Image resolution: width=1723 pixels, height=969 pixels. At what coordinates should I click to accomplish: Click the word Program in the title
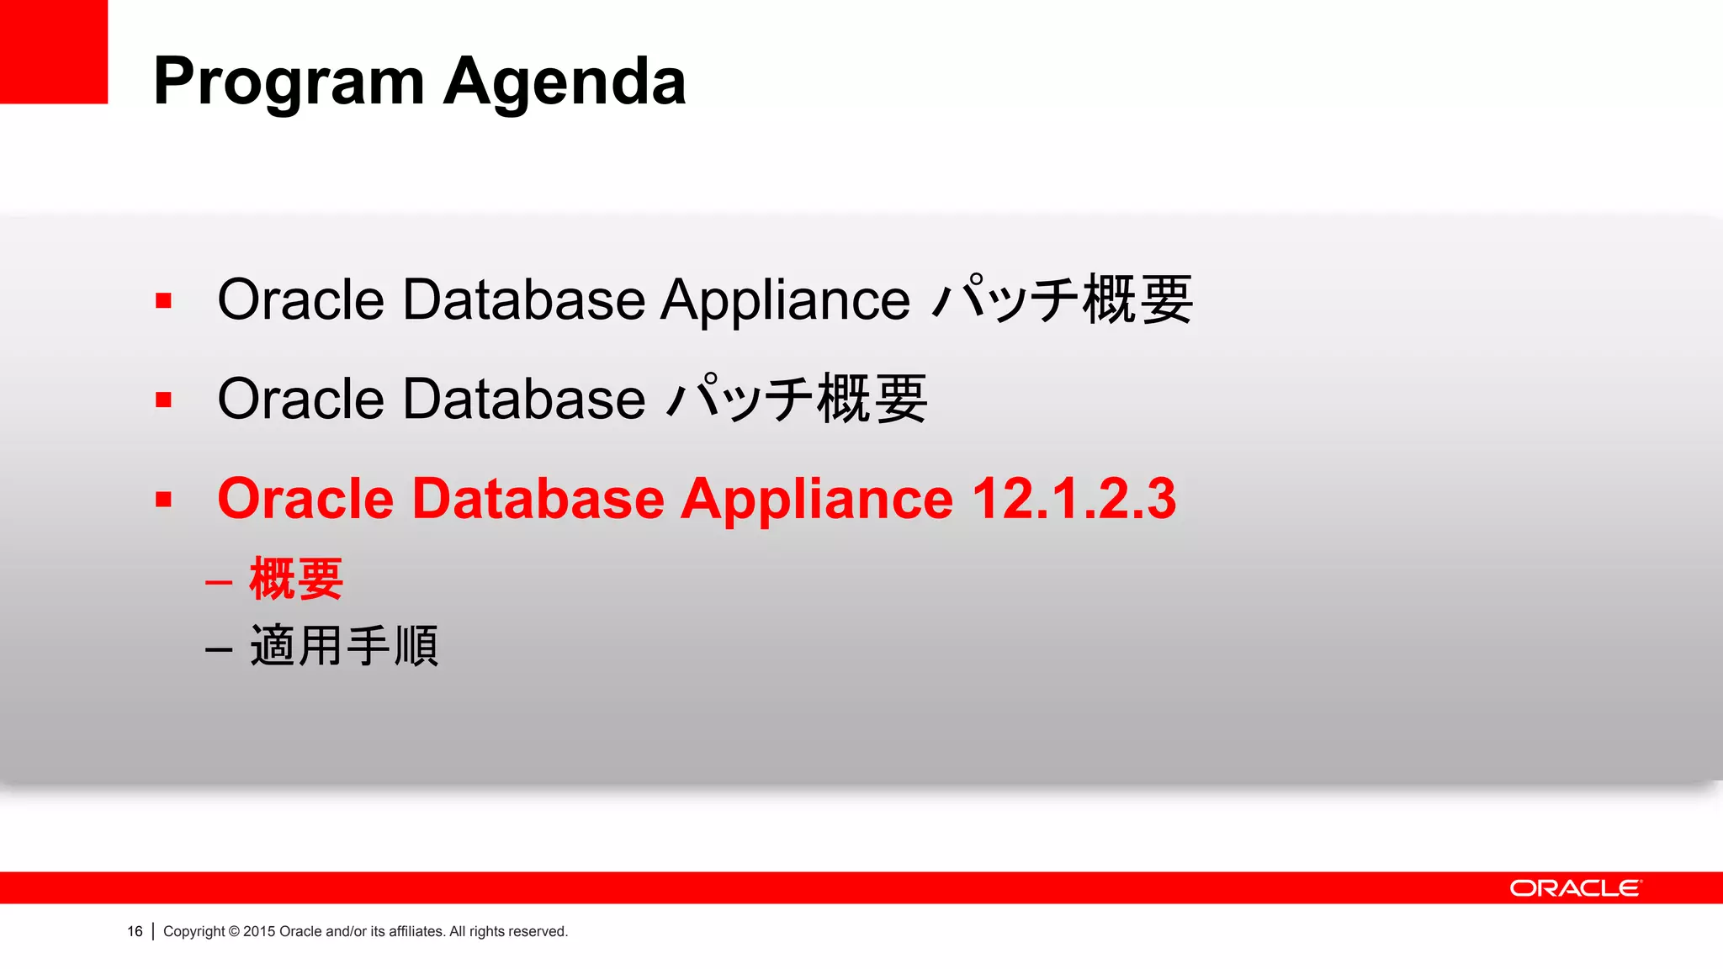coord(289,82)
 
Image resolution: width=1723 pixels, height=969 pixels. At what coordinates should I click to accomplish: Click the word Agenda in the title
coord(565,82)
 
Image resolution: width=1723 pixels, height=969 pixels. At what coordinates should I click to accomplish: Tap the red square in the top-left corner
coord(53,51)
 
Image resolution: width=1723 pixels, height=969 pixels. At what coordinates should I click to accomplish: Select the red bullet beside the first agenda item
coord(163,300)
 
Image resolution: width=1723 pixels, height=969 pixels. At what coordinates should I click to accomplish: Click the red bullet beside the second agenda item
coord(163,400)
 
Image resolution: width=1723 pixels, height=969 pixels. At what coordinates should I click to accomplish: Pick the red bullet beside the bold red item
coord(163,499)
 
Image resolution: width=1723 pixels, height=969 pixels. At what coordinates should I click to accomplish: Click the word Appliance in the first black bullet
coord(784,300)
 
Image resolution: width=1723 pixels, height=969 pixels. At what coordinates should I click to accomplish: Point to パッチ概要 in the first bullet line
coord(1063,299)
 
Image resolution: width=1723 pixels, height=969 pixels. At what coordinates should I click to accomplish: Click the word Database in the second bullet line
coord(523,399)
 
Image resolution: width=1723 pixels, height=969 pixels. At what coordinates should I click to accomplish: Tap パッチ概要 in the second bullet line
coord(797,399)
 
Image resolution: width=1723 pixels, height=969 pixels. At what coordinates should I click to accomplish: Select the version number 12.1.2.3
coord(1074,499)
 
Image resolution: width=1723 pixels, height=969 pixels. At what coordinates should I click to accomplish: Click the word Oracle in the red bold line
coord(305,499)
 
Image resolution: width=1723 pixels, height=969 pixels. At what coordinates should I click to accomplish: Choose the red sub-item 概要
coord(296,579)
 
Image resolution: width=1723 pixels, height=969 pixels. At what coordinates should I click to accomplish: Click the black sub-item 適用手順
coord(344,646)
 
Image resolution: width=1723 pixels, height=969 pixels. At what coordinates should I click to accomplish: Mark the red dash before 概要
coord(219,582)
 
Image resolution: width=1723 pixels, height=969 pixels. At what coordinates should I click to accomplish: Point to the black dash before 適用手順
coord(219,649)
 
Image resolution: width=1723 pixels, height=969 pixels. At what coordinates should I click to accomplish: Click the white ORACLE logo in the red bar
coord(1575,888)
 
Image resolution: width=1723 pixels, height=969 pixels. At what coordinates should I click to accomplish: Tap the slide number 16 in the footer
coord(135,931)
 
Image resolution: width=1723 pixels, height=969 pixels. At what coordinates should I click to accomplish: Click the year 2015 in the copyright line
coord(259,931)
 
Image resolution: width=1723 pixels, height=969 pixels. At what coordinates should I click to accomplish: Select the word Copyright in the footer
coord(194,931)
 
